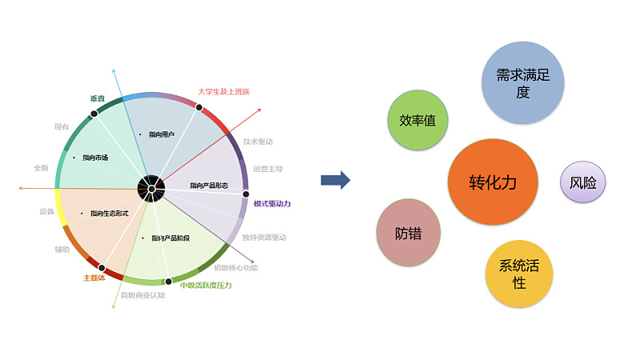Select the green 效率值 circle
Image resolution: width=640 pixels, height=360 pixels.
click(x=417, y=121)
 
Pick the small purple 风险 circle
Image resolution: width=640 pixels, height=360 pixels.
click(x=582, y=182)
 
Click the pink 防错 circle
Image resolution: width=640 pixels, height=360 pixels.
click(x=408, y=233)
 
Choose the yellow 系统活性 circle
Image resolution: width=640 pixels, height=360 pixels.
click(x=519, y=274)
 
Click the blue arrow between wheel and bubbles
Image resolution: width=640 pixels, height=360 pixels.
click(x=335, y=180)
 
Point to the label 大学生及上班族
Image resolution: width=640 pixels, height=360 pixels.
click(x=223, y=91)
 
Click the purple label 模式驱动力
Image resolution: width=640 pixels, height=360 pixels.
click(x=272, y=203)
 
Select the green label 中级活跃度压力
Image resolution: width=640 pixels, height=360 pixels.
click(x=206, y=286)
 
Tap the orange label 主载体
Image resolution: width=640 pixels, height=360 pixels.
click(x=94, y=278)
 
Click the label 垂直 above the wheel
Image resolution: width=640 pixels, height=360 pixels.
click(x=97, y=98)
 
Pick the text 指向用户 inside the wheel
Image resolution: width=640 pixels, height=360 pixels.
click(x=162, y=134)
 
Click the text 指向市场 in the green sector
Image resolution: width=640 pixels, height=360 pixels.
click(x=94, y=158)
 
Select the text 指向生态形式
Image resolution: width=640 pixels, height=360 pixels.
click(x=110, y=214)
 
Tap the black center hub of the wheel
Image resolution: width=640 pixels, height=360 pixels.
click(x=150, y=188)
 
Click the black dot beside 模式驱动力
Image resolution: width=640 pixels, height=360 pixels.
click(x=246, y=194)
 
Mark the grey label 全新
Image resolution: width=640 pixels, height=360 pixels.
click(x=41, y=168)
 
